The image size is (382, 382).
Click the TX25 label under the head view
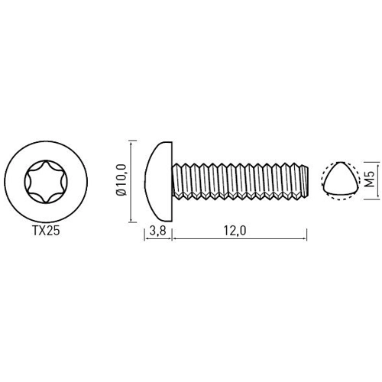(41, 229)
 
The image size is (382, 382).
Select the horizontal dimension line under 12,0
(240, 239)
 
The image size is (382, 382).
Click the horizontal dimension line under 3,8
(159, 239)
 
